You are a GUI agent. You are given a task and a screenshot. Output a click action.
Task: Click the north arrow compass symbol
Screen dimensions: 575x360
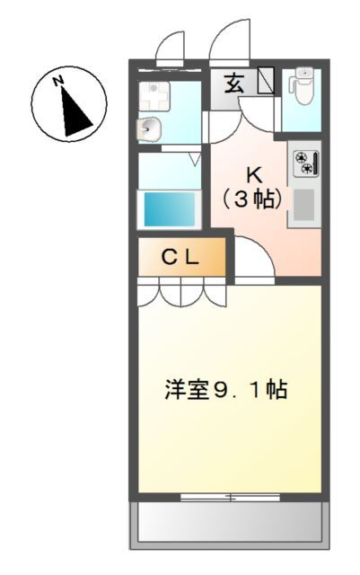69,105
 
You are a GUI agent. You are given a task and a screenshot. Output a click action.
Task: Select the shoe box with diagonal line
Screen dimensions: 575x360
266,82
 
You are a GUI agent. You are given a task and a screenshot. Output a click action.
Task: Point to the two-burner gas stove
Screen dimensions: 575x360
304,164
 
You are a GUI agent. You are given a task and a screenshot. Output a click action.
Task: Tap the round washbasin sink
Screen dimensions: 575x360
150,128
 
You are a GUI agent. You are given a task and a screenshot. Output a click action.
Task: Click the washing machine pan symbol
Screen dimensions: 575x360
153,92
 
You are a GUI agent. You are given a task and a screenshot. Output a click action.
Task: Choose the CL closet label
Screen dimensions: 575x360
180,258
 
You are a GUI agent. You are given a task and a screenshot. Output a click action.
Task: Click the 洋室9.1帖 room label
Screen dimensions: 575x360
225,390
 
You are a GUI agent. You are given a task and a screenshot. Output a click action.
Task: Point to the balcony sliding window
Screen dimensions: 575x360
228,496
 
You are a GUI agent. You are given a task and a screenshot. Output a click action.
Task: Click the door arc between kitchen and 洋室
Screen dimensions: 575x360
254,261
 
